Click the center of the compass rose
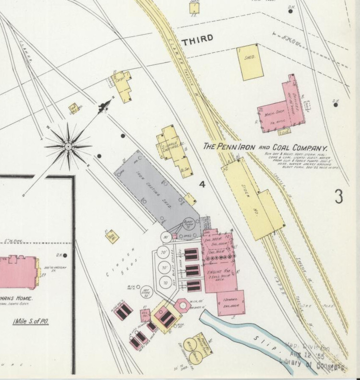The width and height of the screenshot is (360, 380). point(68,146)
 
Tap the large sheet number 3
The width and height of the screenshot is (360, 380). point(339,196)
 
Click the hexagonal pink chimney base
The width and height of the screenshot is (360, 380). point(183,305)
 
